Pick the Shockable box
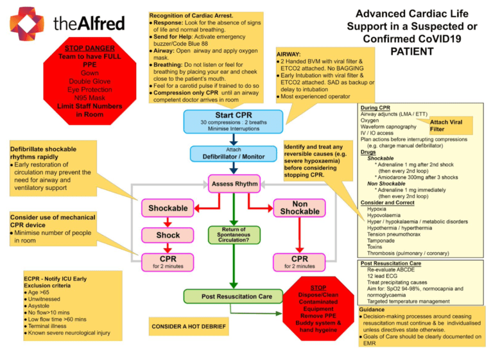tap(168, 209)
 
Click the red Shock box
tap(168, 236)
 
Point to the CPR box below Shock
tap(168, 262)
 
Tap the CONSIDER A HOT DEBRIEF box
tap(189, 327)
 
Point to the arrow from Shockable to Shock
tap(168, 222)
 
